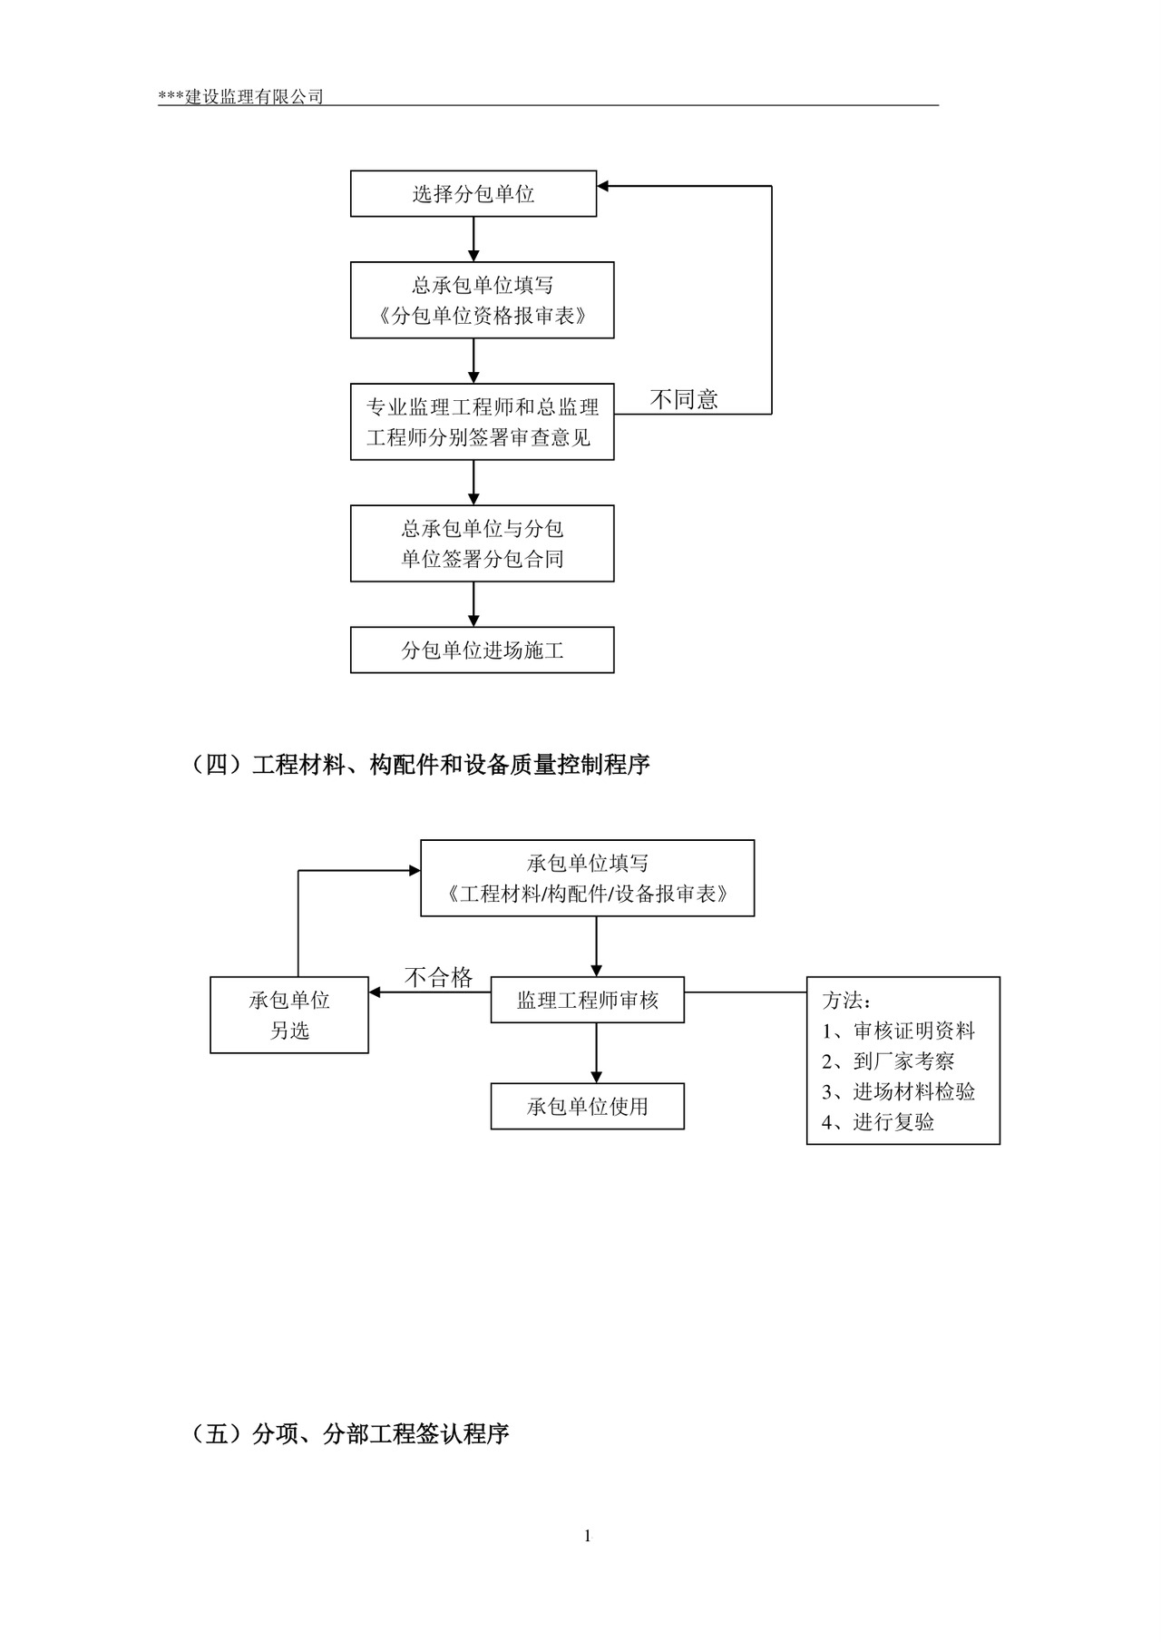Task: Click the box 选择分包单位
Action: click(473, 193)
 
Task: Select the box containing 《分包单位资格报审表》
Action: click(482, 300)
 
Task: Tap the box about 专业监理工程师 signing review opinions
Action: click(482, 422)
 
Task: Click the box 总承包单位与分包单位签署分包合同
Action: click(482, 543)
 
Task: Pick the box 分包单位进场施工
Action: click(482, 650)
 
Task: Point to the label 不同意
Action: click(684, 399)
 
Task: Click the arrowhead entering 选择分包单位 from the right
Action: click(603, 186)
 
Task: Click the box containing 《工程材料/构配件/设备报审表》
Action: click(587, 878)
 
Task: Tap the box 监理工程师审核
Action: click(587, 1001)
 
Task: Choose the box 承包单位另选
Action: click(288, 1015)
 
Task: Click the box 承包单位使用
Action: click(587, 1107)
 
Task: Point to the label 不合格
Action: click(438, 977)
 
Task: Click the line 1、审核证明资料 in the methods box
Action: click(898, 1031)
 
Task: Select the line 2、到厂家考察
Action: click(888, 1061)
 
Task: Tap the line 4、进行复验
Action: click(878, 1122)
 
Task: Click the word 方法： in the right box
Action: click(847, 1001)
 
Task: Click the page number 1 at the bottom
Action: click(587, 1536)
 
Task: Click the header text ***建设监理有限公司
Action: click(240, 97)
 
